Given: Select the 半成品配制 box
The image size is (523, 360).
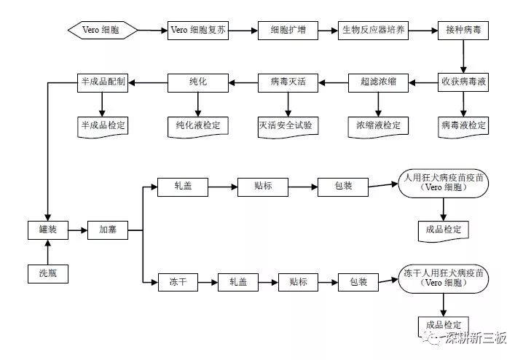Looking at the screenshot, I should pos(103,82).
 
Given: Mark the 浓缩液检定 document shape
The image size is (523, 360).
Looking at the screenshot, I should pos(378,125).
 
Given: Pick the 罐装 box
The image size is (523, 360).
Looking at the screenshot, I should pos(48,230).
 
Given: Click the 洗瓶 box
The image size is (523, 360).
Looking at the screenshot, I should pos(48,274).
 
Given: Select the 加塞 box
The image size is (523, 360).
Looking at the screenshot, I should pos(108,230).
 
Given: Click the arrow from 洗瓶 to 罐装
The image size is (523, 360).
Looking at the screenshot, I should pos(48,252).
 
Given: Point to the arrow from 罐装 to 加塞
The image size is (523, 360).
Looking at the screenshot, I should pos(78,230).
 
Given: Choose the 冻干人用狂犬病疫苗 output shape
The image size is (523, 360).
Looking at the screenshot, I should pos(442,280).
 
